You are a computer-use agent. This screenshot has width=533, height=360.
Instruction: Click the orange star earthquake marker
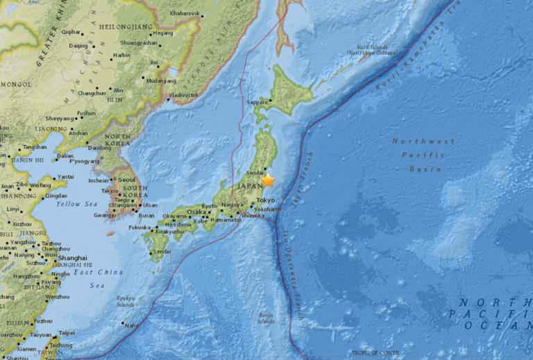coord(268,181)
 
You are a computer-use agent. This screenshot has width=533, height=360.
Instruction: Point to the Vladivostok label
coord(183,94)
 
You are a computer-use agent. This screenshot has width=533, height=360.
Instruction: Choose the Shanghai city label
coord(74,257)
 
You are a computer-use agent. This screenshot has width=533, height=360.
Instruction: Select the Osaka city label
coord(197,212)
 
